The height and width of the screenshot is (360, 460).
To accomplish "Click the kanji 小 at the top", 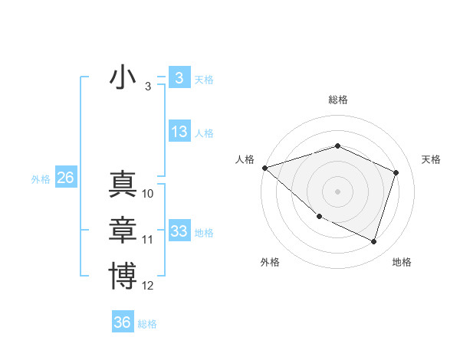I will pos(123,78).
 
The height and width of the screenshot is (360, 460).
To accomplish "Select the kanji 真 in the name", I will pos(123,185).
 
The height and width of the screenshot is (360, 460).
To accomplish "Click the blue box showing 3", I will pos(179,78).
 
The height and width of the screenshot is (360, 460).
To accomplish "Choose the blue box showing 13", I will pos(179,132).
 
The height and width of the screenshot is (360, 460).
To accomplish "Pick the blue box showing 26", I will pos(65,178).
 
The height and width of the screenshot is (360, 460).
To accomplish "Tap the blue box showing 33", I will pos(179,231).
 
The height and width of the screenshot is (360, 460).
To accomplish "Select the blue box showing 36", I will pos(123,322).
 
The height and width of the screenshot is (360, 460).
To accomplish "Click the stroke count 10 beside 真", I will pos(148,194).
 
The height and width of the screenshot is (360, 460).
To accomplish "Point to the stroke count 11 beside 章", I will pos(148,240).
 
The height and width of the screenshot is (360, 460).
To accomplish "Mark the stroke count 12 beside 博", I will pos(148,286).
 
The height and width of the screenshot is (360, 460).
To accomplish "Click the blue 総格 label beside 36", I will pos(147,323).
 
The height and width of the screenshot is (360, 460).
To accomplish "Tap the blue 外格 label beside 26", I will pos(41,178).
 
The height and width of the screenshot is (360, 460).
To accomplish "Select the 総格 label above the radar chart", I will pos(337,100).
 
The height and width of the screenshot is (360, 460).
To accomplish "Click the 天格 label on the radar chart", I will pos(431,159).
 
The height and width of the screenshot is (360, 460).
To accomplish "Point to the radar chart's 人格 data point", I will pos(264,167).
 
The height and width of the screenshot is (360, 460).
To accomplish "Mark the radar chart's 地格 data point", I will pos(374,242).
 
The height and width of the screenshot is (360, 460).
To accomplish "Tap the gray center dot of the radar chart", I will pos(337,191).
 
